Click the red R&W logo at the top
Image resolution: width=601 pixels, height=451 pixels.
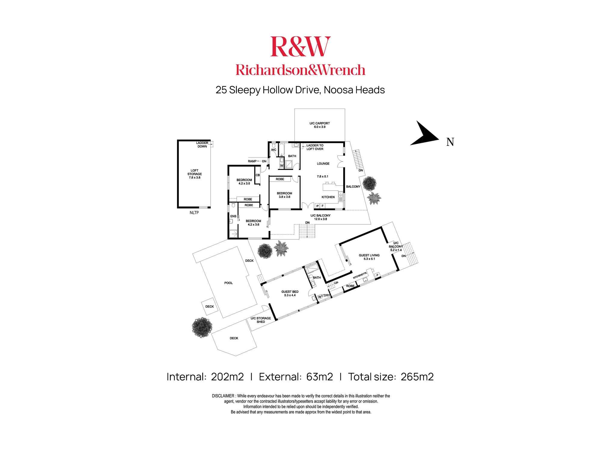click(x=300, y=47)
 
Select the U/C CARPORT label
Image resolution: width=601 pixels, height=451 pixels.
click(x=319, y=125)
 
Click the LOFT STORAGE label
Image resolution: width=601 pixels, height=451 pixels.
click(x=194, y=174)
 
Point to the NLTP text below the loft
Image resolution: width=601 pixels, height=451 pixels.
click(x=194, y=213)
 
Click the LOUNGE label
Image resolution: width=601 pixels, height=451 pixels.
click(x=323, y=164)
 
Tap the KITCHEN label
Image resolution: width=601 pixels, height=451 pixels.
click(x=328, y=197)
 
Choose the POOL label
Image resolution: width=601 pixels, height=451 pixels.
click(x=228, y=283)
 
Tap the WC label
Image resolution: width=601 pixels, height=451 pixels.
click(x=273, y=150)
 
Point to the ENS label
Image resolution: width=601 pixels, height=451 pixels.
click(x=233, y=216)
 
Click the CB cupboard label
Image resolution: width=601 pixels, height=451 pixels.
click(x=258, y=175)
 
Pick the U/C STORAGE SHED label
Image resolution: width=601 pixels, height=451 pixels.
click(x=261, y=320)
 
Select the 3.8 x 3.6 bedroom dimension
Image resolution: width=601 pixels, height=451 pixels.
click(x=284, y=197)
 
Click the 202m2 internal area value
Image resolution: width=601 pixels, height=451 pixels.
click(x=227, y=377)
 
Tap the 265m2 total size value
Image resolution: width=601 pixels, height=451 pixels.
click(x=417, y=377)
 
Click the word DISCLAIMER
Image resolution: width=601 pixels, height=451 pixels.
click(x=223, y=396)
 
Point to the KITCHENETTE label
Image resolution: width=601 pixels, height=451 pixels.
click(x=360, y=275)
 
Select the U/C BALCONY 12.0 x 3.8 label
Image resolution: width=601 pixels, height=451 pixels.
click(x=320, y=217)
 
